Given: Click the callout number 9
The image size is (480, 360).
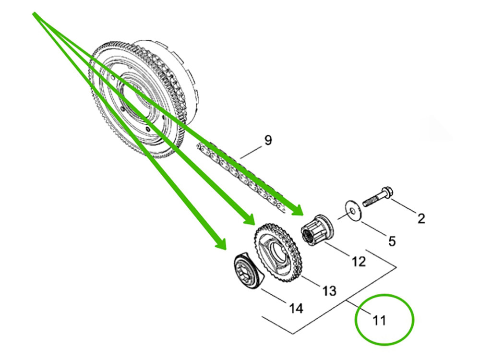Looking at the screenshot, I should (x=268, y=140).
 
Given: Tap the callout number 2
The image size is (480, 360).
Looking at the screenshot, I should (x=421, y=219).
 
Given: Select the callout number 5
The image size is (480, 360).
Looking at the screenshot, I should (x=392, y=240).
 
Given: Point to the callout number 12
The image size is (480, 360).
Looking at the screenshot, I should (x=358, y=261).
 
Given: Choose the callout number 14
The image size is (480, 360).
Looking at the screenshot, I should (x=296, y=308).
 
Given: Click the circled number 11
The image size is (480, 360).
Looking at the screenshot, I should (x=379, y=320).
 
